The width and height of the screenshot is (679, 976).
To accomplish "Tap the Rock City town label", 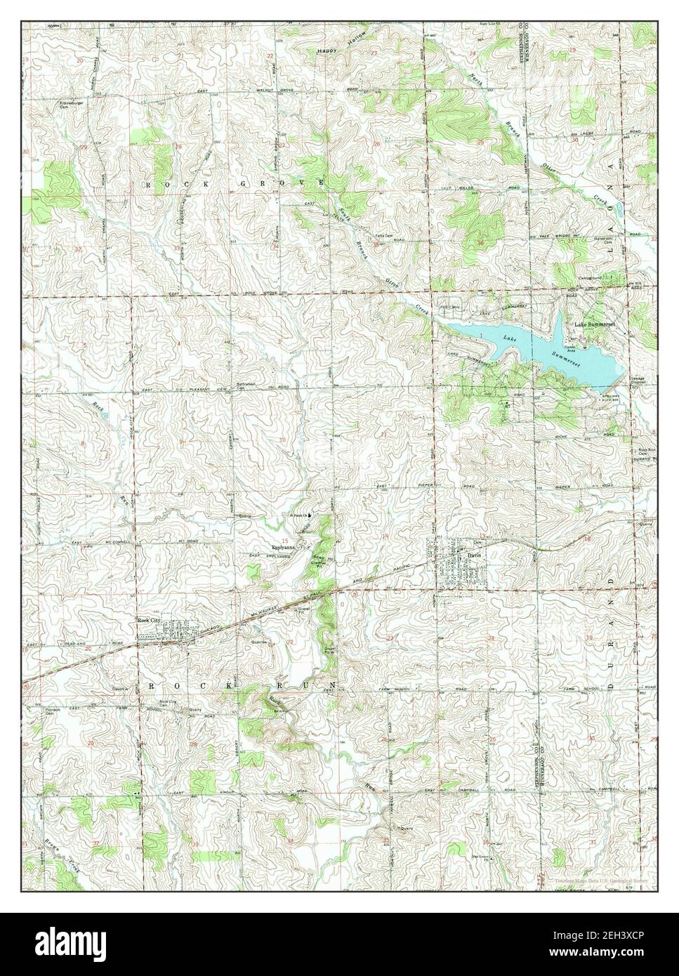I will pos(149,620).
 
